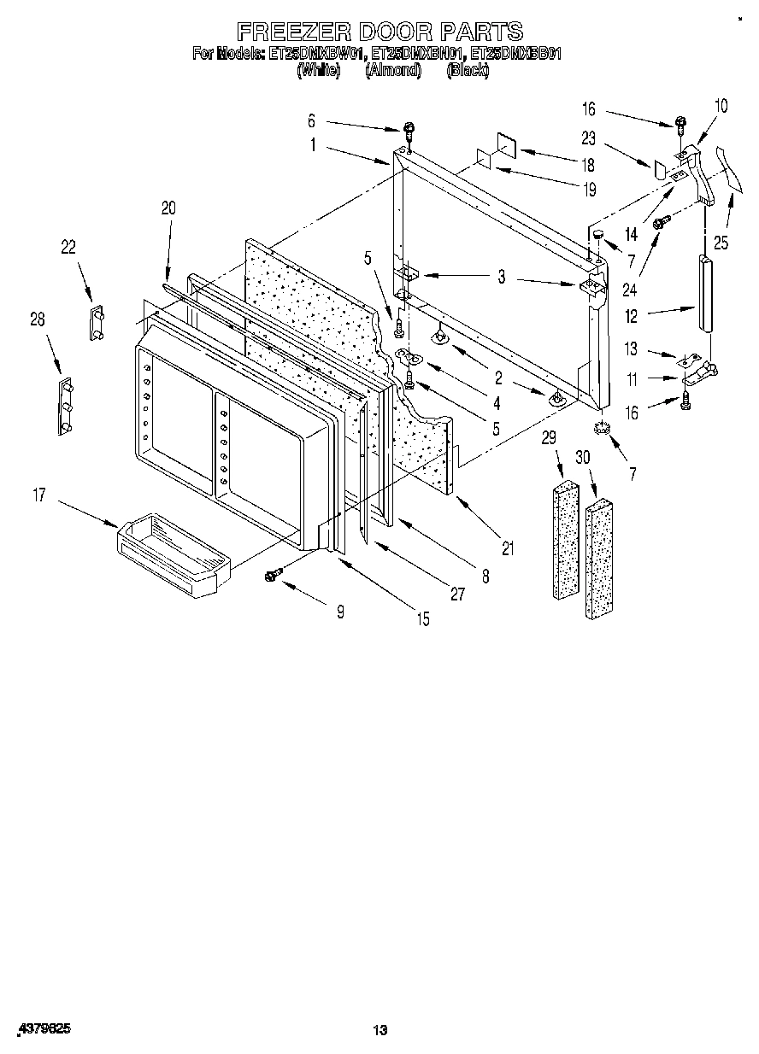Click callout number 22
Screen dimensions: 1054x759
coord(68,248)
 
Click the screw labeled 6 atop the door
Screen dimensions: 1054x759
coord(411,132)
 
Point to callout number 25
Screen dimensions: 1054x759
coord(721,243)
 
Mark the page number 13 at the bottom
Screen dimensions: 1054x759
coord(380,1031)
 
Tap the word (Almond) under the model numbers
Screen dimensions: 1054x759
coord(393,71)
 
